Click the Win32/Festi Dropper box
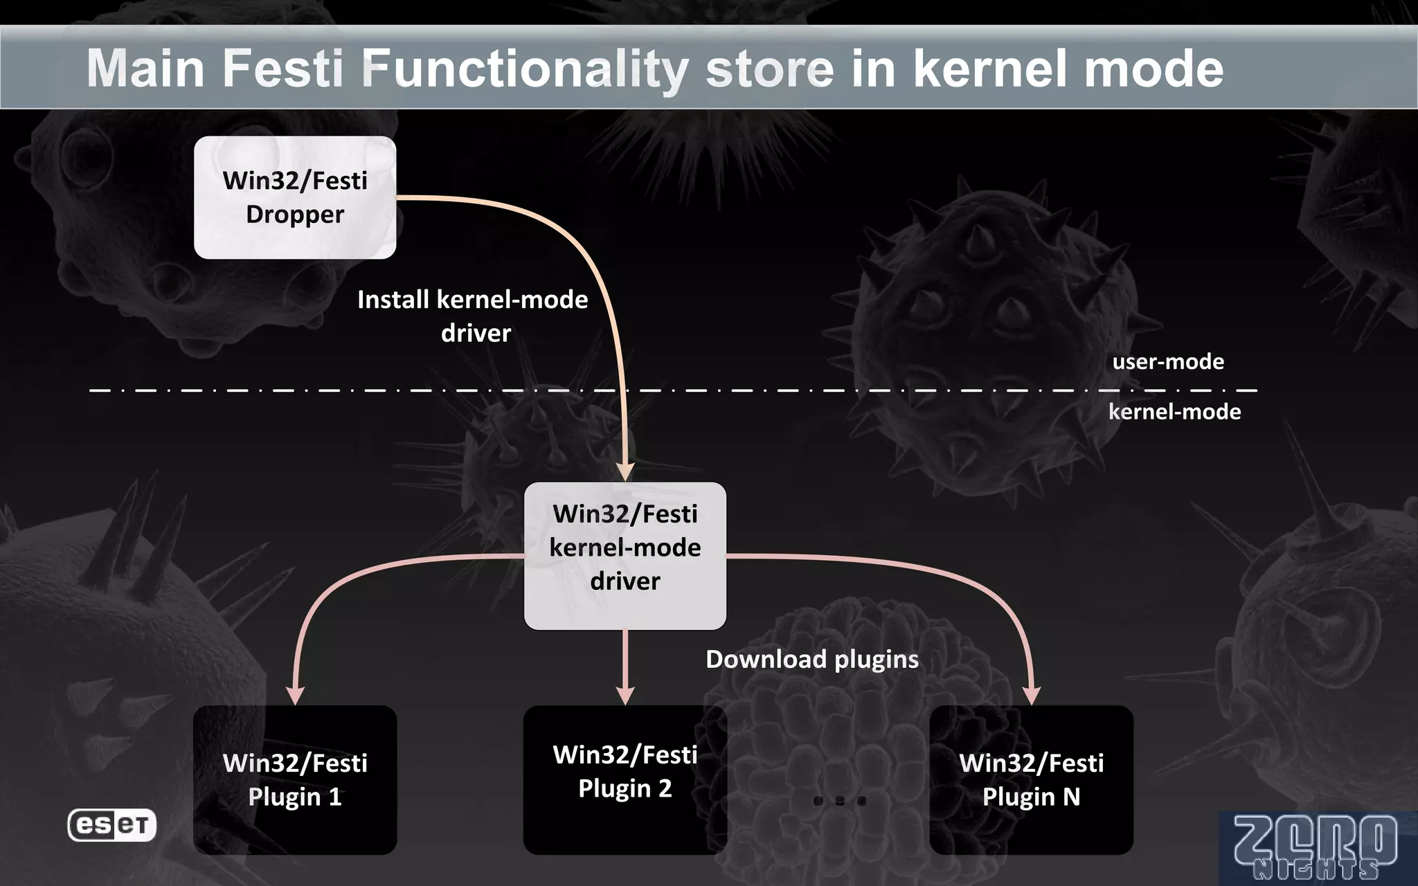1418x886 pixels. [x=295, y=198]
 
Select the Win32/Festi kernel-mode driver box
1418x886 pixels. [x=625, y=556]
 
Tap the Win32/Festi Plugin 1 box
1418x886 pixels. [x=295, y=780]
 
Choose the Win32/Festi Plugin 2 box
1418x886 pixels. [x=625, y=780]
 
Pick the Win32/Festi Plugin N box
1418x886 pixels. [x=1031, y=780]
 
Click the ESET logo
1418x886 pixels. [x=112, y=825]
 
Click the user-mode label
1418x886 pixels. [x=1168, y=361]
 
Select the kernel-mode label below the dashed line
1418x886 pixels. [x=1174, y=412]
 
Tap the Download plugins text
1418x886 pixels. [x=811, y=659]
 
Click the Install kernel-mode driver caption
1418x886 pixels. [x=473, y=316]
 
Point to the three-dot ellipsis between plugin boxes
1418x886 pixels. [x=839, y=801]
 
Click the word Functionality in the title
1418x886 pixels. [x=525, y=69]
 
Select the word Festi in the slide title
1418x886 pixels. [x=282, y=69]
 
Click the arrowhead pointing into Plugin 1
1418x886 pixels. [x=296, y=696]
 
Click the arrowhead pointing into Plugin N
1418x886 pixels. [x=1032, y=696]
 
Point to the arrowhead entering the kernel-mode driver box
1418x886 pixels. [x=626, y=472]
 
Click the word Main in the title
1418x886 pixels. [x=145, y=69]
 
